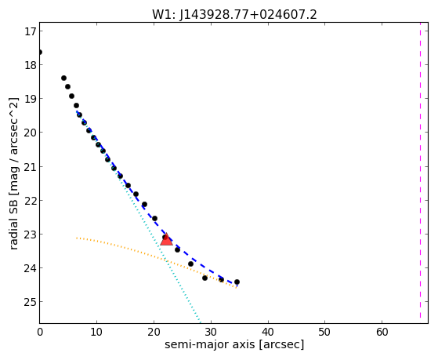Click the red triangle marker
[x=166, y=239]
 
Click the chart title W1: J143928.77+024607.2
[x=234, y=15]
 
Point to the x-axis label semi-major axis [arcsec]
[x=234, y=344]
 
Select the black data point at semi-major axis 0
[x=40, y=53]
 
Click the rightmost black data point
[x=237, y=282]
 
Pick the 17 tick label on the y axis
[x=31, y=31]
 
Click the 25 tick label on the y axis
[x=31, y=302]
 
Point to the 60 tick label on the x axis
[x=382, y=333]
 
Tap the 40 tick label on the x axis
[x=268, y=333]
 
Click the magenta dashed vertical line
[x=420, y=170]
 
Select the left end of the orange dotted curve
[x=77, y=238]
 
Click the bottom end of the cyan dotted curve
[x=200, y=320]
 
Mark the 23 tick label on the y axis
[x=31, y=235]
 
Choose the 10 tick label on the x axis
[x=96, y=333]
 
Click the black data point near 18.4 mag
[x=63, y=78]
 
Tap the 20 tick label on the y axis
[x=31, y=133]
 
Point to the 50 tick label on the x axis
[x=325, y=333]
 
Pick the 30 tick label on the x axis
[x=211, y=333]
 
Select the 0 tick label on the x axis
[x=40, y=333]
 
